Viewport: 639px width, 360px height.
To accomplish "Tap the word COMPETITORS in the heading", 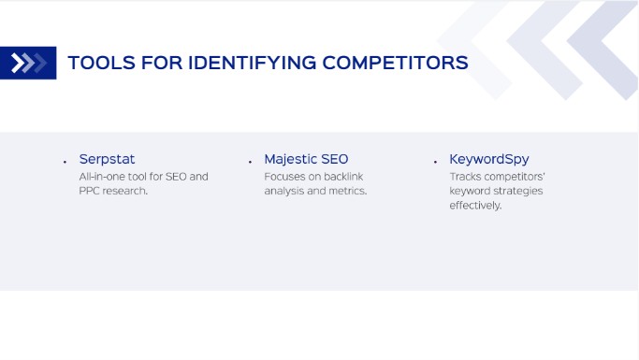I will click(x=395, y=64).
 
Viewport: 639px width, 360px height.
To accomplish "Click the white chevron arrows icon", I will click(x=28, y=64).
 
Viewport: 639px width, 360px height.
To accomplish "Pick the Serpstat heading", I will click(x=107, y=159).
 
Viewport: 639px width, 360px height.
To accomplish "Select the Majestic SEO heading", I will click(x=306, y=159).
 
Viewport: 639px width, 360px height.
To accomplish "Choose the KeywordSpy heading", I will click(x=488, y=159).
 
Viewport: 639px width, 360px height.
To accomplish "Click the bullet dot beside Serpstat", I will click(x=65, y=162).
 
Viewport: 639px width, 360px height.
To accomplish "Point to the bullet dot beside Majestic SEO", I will click(x=250, y=162).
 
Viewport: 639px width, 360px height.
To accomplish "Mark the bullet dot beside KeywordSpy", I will click(x=435, y=162).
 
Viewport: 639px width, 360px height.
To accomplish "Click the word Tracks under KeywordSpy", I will click(x=465, y=176).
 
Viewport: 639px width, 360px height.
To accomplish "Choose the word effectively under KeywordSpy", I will click(x=474, y=206).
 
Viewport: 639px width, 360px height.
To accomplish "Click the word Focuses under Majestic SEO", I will click(x=284, y=176).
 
